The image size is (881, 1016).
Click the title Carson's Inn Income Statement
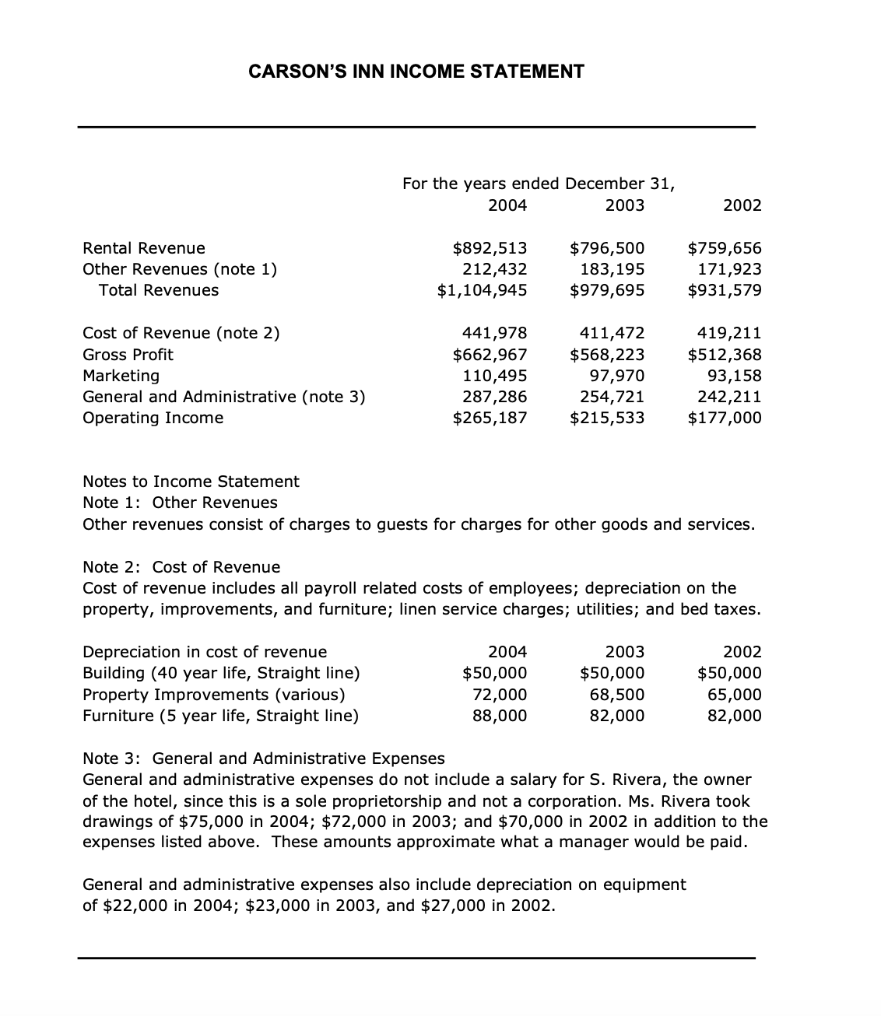tap(416, 72)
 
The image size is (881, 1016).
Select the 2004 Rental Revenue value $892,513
tap(490, 248)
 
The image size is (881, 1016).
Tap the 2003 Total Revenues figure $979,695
tap(607, 290)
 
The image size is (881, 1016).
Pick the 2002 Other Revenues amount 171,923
tap(729, 269)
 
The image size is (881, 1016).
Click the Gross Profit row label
tap(128, 355)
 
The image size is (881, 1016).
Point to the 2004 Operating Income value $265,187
tap(490, 418)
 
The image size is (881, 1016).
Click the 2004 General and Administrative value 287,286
tap(495, 397)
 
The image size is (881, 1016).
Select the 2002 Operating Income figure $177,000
tap(725, 418)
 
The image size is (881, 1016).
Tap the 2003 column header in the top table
tap(625, 205)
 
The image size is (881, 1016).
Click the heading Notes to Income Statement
tap(191, 482)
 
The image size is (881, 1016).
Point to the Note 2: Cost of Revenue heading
tap(181, 566)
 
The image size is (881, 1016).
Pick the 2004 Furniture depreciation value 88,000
tap(500, 716)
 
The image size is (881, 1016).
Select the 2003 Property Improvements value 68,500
tap(616, 695)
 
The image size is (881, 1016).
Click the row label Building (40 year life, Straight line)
tap(221, 673)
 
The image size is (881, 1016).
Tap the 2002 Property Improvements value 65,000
tap(734, 695)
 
